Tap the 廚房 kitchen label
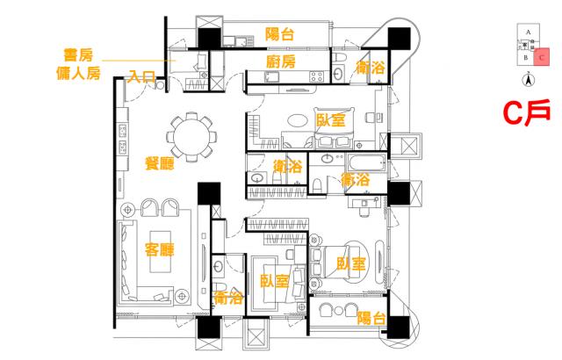[280, 61]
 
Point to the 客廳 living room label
[159, 250]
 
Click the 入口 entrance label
[141, 77]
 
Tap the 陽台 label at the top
[280, 34]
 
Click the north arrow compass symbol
[528, 81]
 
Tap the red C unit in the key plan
[543, 57]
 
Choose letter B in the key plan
[525, 58]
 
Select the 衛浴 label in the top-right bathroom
[368, 67]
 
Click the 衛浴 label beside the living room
[227, 298]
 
